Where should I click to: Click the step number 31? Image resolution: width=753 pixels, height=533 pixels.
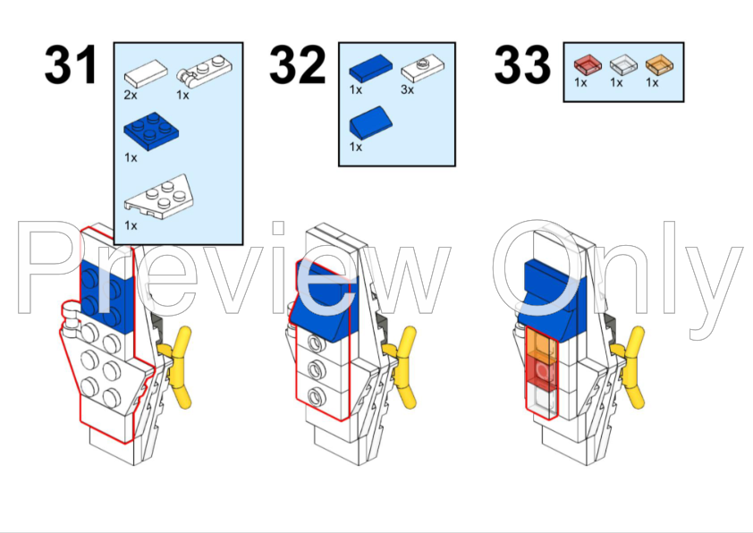[x=71, y=64]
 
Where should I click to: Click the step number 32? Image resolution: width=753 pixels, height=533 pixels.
[x=297, y=64]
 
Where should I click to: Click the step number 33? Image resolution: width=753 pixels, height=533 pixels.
[x=522, y=64]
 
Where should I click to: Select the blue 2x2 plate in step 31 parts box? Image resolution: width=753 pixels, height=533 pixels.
[x=151, y=131]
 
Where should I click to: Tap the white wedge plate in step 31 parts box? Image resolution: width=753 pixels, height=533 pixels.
[x=159, y=197]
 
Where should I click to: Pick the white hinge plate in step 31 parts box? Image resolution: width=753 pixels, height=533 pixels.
[x=204, y=71]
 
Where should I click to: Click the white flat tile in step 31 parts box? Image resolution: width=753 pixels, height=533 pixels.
[x=146, y=73]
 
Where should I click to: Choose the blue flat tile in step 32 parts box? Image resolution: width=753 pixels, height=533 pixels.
[x=371, y=68]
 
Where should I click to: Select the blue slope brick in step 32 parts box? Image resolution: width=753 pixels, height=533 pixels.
[x=371, y=123]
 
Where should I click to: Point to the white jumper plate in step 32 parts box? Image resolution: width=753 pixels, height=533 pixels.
[x=423, y=68]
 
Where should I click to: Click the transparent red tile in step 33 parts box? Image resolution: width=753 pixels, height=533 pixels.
[x=588, y=64]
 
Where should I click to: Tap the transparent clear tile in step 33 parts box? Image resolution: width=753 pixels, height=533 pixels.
[x=623, y=64]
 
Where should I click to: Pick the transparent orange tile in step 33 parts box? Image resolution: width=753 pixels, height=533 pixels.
[x=659, y=64]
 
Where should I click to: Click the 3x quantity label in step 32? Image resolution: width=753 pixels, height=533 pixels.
[x=407, y=89]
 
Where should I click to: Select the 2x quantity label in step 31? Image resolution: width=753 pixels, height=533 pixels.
[x=131, y=95]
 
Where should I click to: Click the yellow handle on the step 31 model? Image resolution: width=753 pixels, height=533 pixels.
[x=177, y=366]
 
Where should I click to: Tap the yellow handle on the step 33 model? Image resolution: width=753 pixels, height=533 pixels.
[x=630, y=366]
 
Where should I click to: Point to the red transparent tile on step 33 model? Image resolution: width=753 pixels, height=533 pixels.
[x=542, y=371]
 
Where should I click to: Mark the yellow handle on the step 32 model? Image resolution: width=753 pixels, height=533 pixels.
[x=402, y=366]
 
